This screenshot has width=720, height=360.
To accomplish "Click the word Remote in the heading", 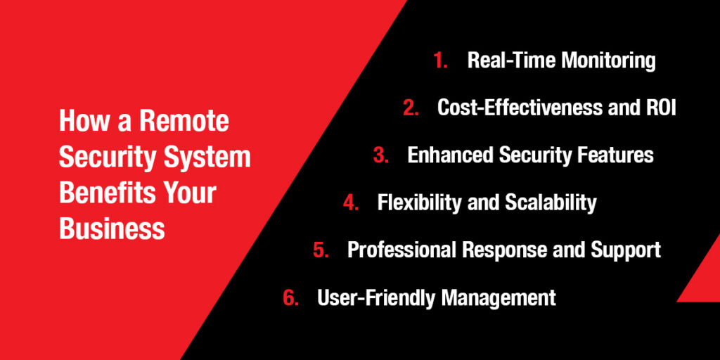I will tap(184, 121).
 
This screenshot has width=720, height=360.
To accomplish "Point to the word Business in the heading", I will tap(112, 229).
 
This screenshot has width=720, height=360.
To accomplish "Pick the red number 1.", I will tap(440, 60).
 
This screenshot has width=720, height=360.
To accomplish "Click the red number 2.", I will tap(411, 108).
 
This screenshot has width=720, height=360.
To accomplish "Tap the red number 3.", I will tap(380, 155).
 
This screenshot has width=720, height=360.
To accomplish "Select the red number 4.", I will tap(351, 202).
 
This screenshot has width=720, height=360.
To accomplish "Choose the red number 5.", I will tap(321, 250).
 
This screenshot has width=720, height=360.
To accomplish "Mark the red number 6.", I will tap(290, 297).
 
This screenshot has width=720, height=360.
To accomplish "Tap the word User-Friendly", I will tap(375, 297).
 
